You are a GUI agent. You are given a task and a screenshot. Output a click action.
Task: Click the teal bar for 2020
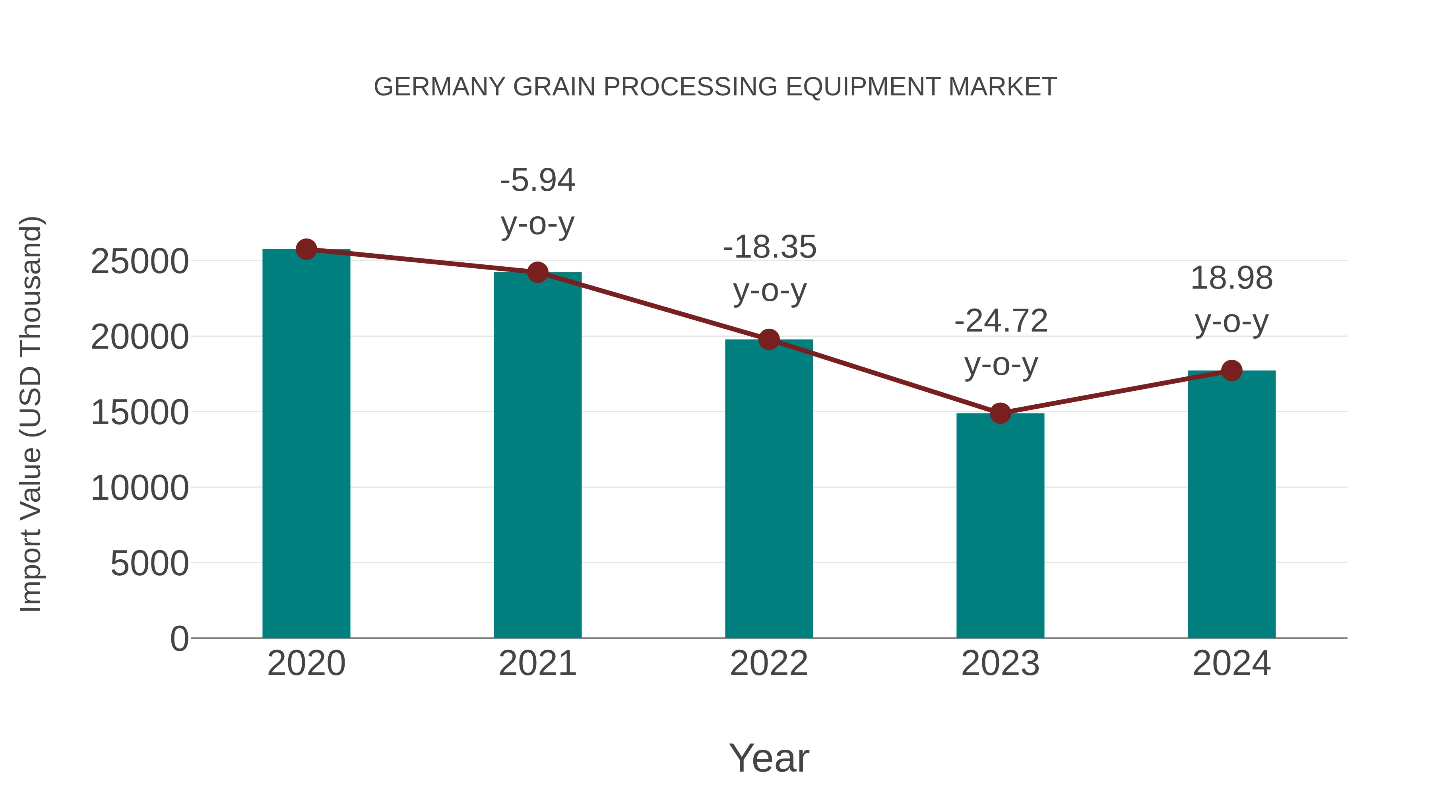[306, 444]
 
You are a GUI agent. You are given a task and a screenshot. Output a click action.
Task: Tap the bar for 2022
[769, 489]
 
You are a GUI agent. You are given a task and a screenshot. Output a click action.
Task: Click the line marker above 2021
[537, 272]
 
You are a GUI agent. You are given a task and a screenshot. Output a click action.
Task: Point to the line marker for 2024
[1231, 370]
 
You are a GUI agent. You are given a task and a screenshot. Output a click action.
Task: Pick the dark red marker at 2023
[1000, 413]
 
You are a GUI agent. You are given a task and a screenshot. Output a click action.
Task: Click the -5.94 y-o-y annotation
[537, 202]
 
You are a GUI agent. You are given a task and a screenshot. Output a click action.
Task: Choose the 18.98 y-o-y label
[1231, 300]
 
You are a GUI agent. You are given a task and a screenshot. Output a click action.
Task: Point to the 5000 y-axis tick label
[149, 563]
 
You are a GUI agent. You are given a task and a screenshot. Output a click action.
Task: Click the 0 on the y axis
[179, 638]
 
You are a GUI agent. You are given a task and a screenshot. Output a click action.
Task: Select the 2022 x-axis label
[769, 663]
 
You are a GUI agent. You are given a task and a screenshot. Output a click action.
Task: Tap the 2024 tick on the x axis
[1231, 663]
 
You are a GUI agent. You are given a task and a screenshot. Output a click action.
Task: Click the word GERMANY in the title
[439, 87]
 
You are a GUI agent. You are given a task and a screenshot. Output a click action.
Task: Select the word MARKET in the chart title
[1002, 87]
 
